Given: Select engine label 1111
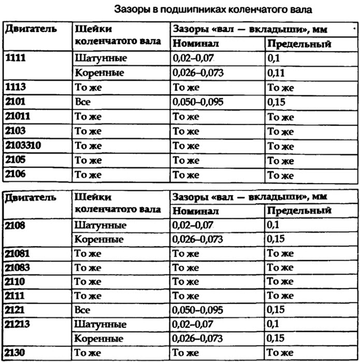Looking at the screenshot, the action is pyautogui.click(x=16, y=58).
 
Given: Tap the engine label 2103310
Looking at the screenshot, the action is pyautogui.click(x=23, y=145).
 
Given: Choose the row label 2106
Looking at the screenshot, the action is pyautogui.click(x=16, y=174).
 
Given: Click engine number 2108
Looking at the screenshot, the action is pyautogui.click(x=16, y=225).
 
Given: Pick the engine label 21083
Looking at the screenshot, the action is pyautogui.click(x=18, y=267).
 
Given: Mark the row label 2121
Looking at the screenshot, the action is pyautogui.click(x=16, y=310).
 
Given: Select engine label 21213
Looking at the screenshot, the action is pyautogui.click(x=18, y=324).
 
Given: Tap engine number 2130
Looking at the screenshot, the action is pyautogui.click(x=16, y=353).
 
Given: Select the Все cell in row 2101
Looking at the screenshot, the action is pyautogui.click(x=82, y=102).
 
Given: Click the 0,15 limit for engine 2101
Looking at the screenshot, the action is pyautogui.click(x=277, y=102).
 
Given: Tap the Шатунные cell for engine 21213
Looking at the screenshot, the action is pyautogui.click(x=100, y=324).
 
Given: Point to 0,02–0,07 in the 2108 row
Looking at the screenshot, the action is pyautogui.click(x=192, y=225).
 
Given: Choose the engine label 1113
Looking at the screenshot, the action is pyautogui.click(x=16, y=87).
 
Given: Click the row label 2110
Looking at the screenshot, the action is pyautogui.click(x=16, y=282).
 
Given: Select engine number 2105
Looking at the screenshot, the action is pyautogui.click(x=16, y=160).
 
